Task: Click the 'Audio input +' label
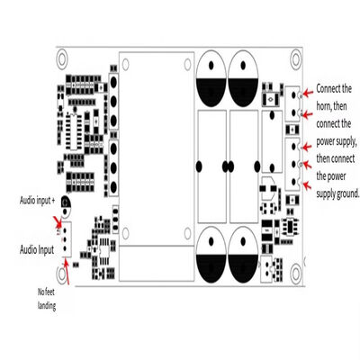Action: pos(37,201)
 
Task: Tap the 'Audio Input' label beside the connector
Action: pos(37,249)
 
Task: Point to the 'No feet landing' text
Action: pos(47,299)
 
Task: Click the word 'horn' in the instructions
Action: pos(323,106)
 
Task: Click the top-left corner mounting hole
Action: pos(62,58)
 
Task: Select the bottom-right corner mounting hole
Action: pos(296,273)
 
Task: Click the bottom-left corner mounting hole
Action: pos(62,273)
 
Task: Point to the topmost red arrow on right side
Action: pos(308,93)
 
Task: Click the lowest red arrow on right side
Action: pos(306,185)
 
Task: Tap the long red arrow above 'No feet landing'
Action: pos(67,273)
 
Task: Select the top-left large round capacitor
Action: pos(211,78)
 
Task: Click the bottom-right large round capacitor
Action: pos(243,255)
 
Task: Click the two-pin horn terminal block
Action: pos(292,103)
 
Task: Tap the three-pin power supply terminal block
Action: pos(292,165)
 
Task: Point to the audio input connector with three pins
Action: pos(66,239)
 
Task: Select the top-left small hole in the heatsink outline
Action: pos(125,64)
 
